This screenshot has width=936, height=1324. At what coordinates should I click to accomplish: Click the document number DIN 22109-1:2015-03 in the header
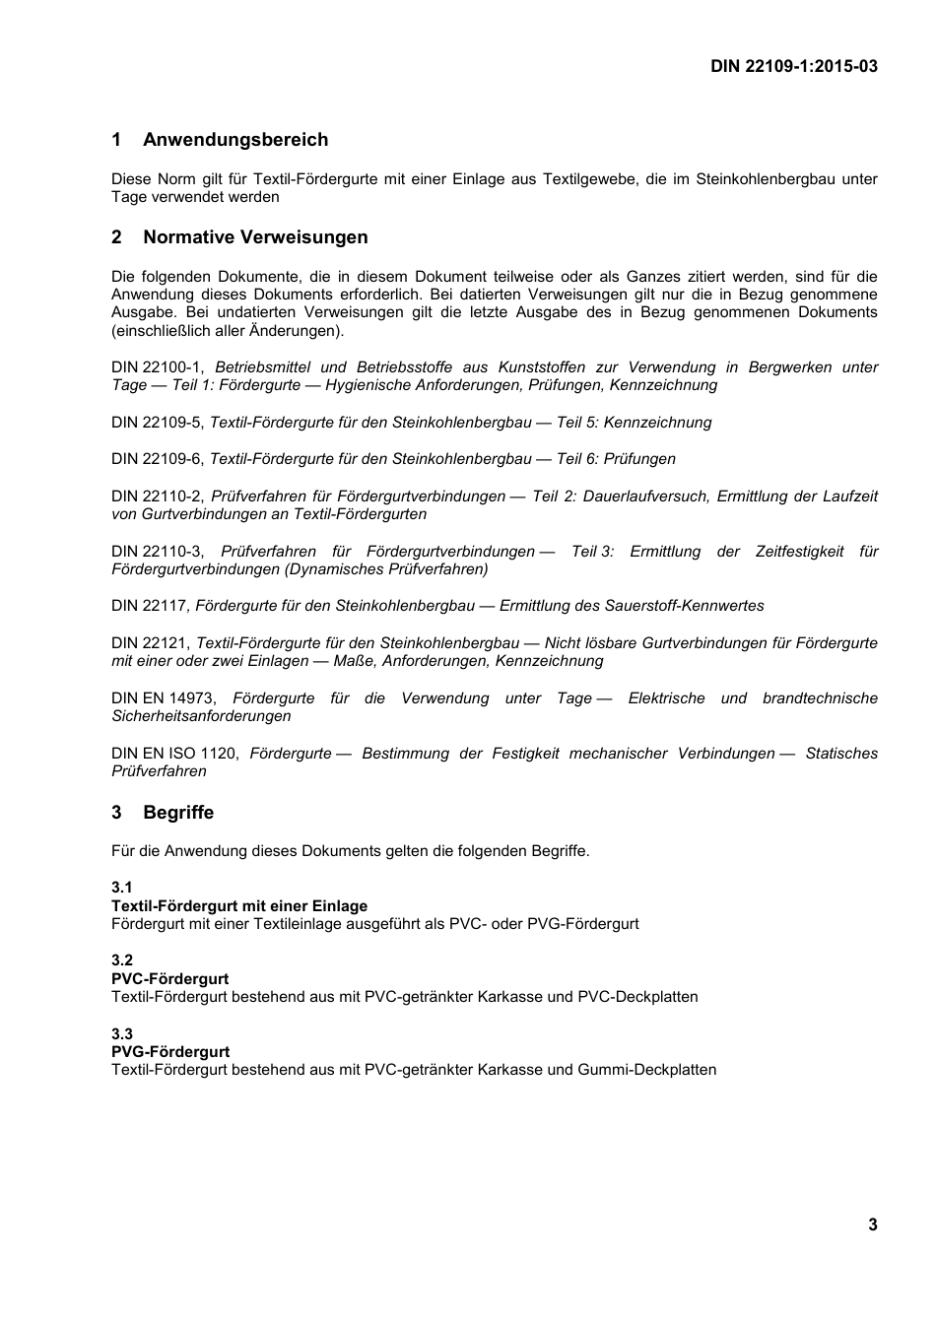coord(794,66)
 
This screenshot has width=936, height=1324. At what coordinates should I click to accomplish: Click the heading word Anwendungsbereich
coord(235,140)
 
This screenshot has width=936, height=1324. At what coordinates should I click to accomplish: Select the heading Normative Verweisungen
coord(255,237)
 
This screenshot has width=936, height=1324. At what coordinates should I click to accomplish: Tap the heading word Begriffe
coord(178,813)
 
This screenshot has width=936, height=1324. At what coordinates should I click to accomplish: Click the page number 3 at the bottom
coord(872,1225)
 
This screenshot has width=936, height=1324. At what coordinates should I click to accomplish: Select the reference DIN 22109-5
coord(157,423)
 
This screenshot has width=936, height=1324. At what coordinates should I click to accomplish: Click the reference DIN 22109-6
coord(157,459)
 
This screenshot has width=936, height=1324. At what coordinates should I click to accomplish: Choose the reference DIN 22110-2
coord(157,496)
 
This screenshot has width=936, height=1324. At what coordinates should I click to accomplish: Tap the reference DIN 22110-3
coord(157,552)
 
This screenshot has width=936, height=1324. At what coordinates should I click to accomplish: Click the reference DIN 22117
coord(149,606)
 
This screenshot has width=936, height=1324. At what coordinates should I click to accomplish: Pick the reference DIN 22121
coord(151,643)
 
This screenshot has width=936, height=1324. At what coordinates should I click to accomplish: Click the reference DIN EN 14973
coord(163,698)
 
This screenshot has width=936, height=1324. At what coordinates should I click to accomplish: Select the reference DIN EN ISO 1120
coord(173,754)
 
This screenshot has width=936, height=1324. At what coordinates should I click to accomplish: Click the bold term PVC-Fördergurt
coord(169,979)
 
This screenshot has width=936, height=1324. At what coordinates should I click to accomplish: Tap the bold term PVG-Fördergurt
coord(169,1052)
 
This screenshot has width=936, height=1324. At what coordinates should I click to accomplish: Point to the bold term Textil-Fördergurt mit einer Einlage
coord(239,906)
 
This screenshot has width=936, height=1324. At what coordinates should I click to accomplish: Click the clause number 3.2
coord(122,960)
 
